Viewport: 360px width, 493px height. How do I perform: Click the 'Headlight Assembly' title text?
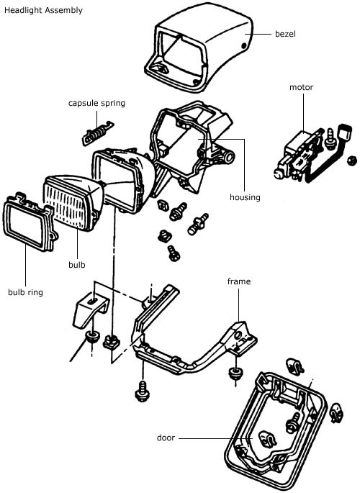(43, 10)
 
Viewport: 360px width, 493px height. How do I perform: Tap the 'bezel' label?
(285, 34)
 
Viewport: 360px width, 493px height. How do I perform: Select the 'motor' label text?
(301, 87)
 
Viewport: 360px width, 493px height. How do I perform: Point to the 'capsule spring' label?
(96, 104)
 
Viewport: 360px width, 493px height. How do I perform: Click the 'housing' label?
(245, 197)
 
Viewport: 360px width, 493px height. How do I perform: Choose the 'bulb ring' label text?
(25, 292)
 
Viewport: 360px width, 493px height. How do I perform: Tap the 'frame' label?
(239, 281)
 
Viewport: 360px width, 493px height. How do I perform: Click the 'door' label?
(166, 438)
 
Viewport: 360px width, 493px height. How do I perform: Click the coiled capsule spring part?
(97, 133)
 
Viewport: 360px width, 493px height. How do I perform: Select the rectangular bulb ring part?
(30, 222)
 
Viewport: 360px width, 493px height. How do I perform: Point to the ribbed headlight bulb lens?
(73, 202)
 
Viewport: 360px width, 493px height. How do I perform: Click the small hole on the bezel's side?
(243, 46)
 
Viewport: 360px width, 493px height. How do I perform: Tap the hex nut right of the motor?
(351, 161)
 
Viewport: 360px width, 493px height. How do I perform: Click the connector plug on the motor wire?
(344, 133)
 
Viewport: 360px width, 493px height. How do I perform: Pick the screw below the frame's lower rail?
(142, 391)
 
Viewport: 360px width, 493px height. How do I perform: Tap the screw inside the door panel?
(293, 423)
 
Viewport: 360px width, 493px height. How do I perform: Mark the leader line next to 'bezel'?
(258, 34)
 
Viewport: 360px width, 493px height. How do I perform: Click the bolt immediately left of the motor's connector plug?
(329, 137)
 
